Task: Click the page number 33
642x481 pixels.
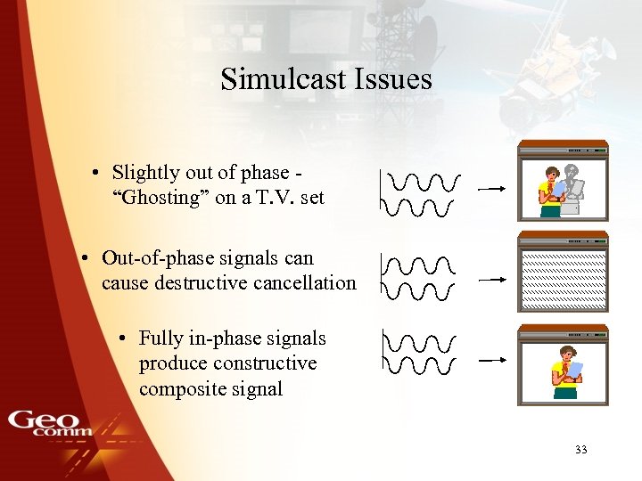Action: click(x=581, y=450)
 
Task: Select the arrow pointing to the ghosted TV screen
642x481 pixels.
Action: click(x=492, y=189)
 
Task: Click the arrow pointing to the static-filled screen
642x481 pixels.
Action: click(x=492, y=279)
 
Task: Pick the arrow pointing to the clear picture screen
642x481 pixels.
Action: click(x=492, y=361)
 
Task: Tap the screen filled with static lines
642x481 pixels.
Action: click(x=563, y=277)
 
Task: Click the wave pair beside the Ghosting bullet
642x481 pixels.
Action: click(x=419, y=194)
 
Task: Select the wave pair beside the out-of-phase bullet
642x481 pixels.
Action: click(x=417, y=277)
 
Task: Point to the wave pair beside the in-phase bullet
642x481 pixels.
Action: click(x=419, y=352)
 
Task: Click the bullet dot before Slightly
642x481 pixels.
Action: click(x=94, y=173)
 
